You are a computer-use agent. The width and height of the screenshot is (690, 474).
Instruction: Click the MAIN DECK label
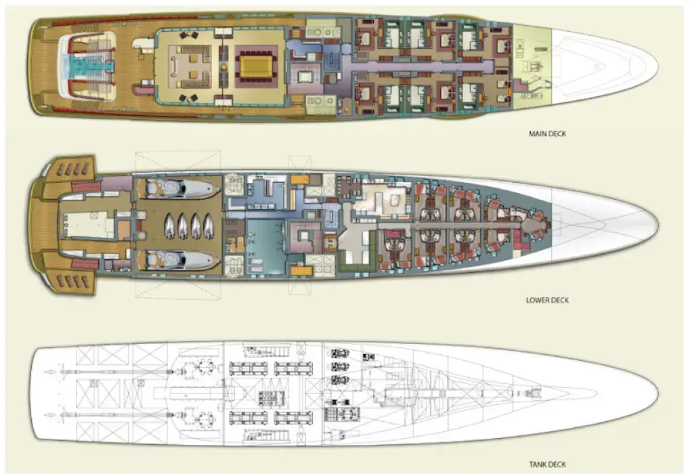[547, 134]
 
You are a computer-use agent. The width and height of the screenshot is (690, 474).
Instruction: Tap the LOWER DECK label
[547, 300]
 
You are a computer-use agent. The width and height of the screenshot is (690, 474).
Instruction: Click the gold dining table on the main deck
[256, 66]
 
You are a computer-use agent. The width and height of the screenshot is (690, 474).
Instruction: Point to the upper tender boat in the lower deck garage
[180, 188]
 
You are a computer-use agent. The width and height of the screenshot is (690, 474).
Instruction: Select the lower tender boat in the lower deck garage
[179, 259]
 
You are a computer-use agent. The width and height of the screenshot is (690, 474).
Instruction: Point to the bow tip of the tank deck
[655, 392]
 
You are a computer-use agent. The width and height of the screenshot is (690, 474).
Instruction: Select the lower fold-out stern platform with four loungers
[70, 280]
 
